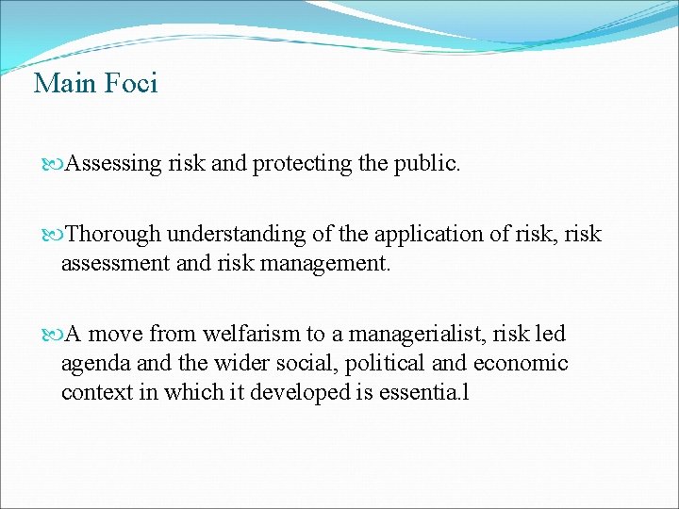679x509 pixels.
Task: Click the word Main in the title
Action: pos(65,84)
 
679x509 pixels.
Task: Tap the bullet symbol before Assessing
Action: pos(54,165)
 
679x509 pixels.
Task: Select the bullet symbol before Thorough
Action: pos(54,234)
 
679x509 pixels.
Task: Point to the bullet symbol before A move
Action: pos(54,335)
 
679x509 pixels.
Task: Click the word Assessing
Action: pos(114,165)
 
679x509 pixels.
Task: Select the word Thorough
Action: pos(113,234)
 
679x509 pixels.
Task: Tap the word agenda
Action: pos(91,364)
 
